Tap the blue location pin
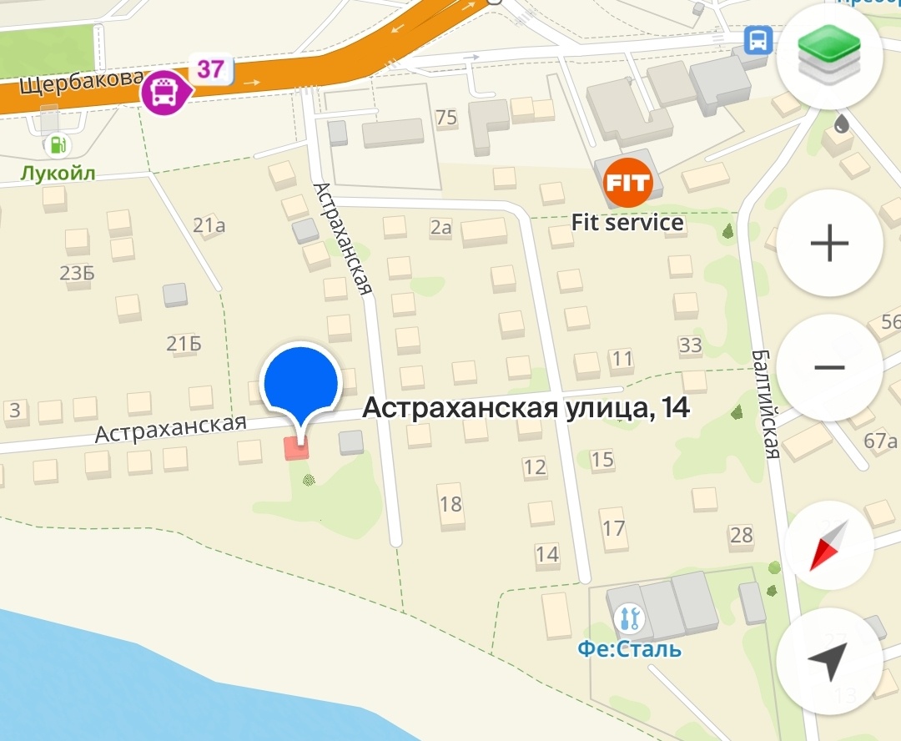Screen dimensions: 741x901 (300, 383)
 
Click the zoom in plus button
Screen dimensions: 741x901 (829, 244)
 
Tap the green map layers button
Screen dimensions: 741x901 (829, 57)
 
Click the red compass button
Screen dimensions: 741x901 (828, 544)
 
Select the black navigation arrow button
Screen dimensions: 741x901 (828, 662)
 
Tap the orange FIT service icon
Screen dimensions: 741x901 (627, 182)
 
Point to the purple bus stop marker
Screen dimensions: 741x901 (164, 92)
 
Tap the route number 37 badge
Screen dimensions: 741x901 (210, 68)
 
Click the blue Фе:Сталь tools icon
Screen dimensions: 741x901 (628, 618)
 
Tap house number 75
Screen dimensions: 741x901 (446, 117)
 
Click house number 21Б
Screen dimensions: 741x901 (184, 344)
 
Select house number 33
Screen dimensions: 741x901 (690, 345)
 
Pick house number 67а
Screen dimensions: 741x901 (880, 441)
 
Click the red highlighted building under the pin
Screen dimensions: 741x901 (296, 448)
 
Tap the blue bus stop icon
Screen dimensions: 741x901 (758, 40)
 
